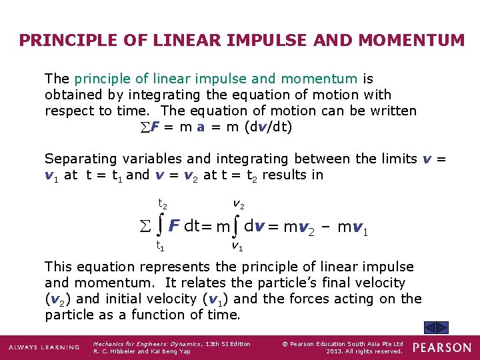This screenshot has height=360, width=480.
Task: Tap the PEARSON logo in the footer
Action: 441,347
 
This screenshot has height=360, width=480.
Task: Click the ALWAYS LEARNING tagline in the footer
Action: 43,347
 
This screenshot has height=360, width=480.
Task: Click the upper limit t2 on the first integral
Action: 162,203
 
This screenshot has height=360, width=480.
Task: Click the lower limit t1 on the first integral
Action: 161,245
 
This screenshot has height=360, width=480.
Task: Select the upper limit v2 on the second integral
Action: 238,203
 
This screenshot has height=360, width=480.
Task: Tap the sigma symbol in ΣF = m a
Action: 146,127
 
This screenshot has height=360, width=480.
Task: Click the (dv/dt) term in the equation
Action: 269,127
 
